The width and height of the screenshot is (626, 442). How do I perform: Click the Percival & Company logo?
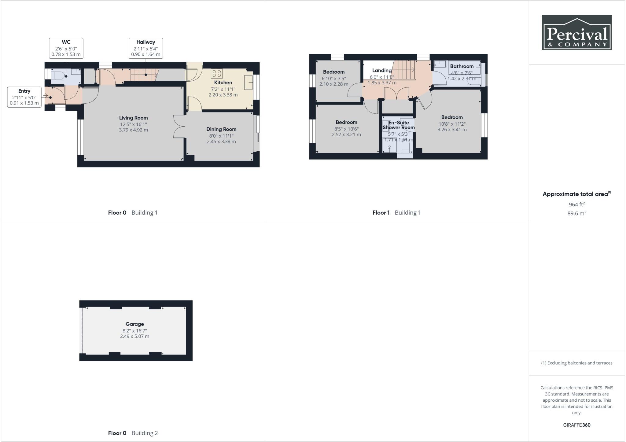tap(576, 32)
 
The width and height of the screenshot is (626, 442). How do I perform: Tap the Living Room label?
tap(133, 118)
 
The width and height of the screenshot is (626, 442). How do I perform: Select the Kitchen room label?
tap(223, 83)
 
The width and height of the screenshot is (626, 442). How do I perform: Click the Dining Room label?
tap(221, 129)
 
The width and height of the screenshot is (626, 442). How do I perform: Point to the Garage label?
tap(134, 324)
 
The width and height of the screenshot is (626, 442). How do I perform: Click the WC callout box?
tap(66, 48)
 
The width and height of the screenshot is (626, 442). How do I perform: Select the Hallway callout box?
tap(145, 48)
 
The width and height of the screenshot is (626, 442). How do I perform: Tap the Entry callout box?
tap(24, 97)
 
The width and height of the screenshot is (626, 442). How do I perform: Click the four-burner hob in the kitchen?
tap(216, 73)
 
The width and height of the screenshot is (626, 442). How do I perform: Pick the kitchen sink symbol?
tap(249, 82)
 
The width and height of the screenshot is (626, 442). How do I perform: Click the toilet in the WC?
tap(58, 76)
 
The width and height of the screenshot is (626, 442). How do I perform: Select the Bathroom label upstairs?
tap(462, 66)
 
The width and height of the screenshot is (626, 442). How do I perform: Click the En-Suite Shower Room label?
tap(399, 125)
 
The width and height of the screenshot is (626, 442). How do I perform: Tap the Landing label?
tap(382, 71)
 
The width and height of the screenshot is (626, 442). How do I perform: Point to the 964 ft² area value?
tap(576, 204)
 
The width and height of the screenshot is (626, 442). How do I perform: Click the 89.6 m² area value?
tap(576, 213)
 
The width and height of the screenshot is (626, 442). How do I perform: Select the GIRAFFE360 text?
tap(576, 425)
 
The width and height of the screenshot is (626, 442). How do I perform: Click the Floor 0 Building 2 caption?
tap(133, 433)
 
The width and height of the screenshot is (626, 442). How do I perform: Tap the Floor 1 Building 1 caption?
tap(396, 212)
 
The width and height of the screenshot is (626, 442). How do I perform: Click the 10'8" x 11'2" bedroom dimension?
tap(451, 124)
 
